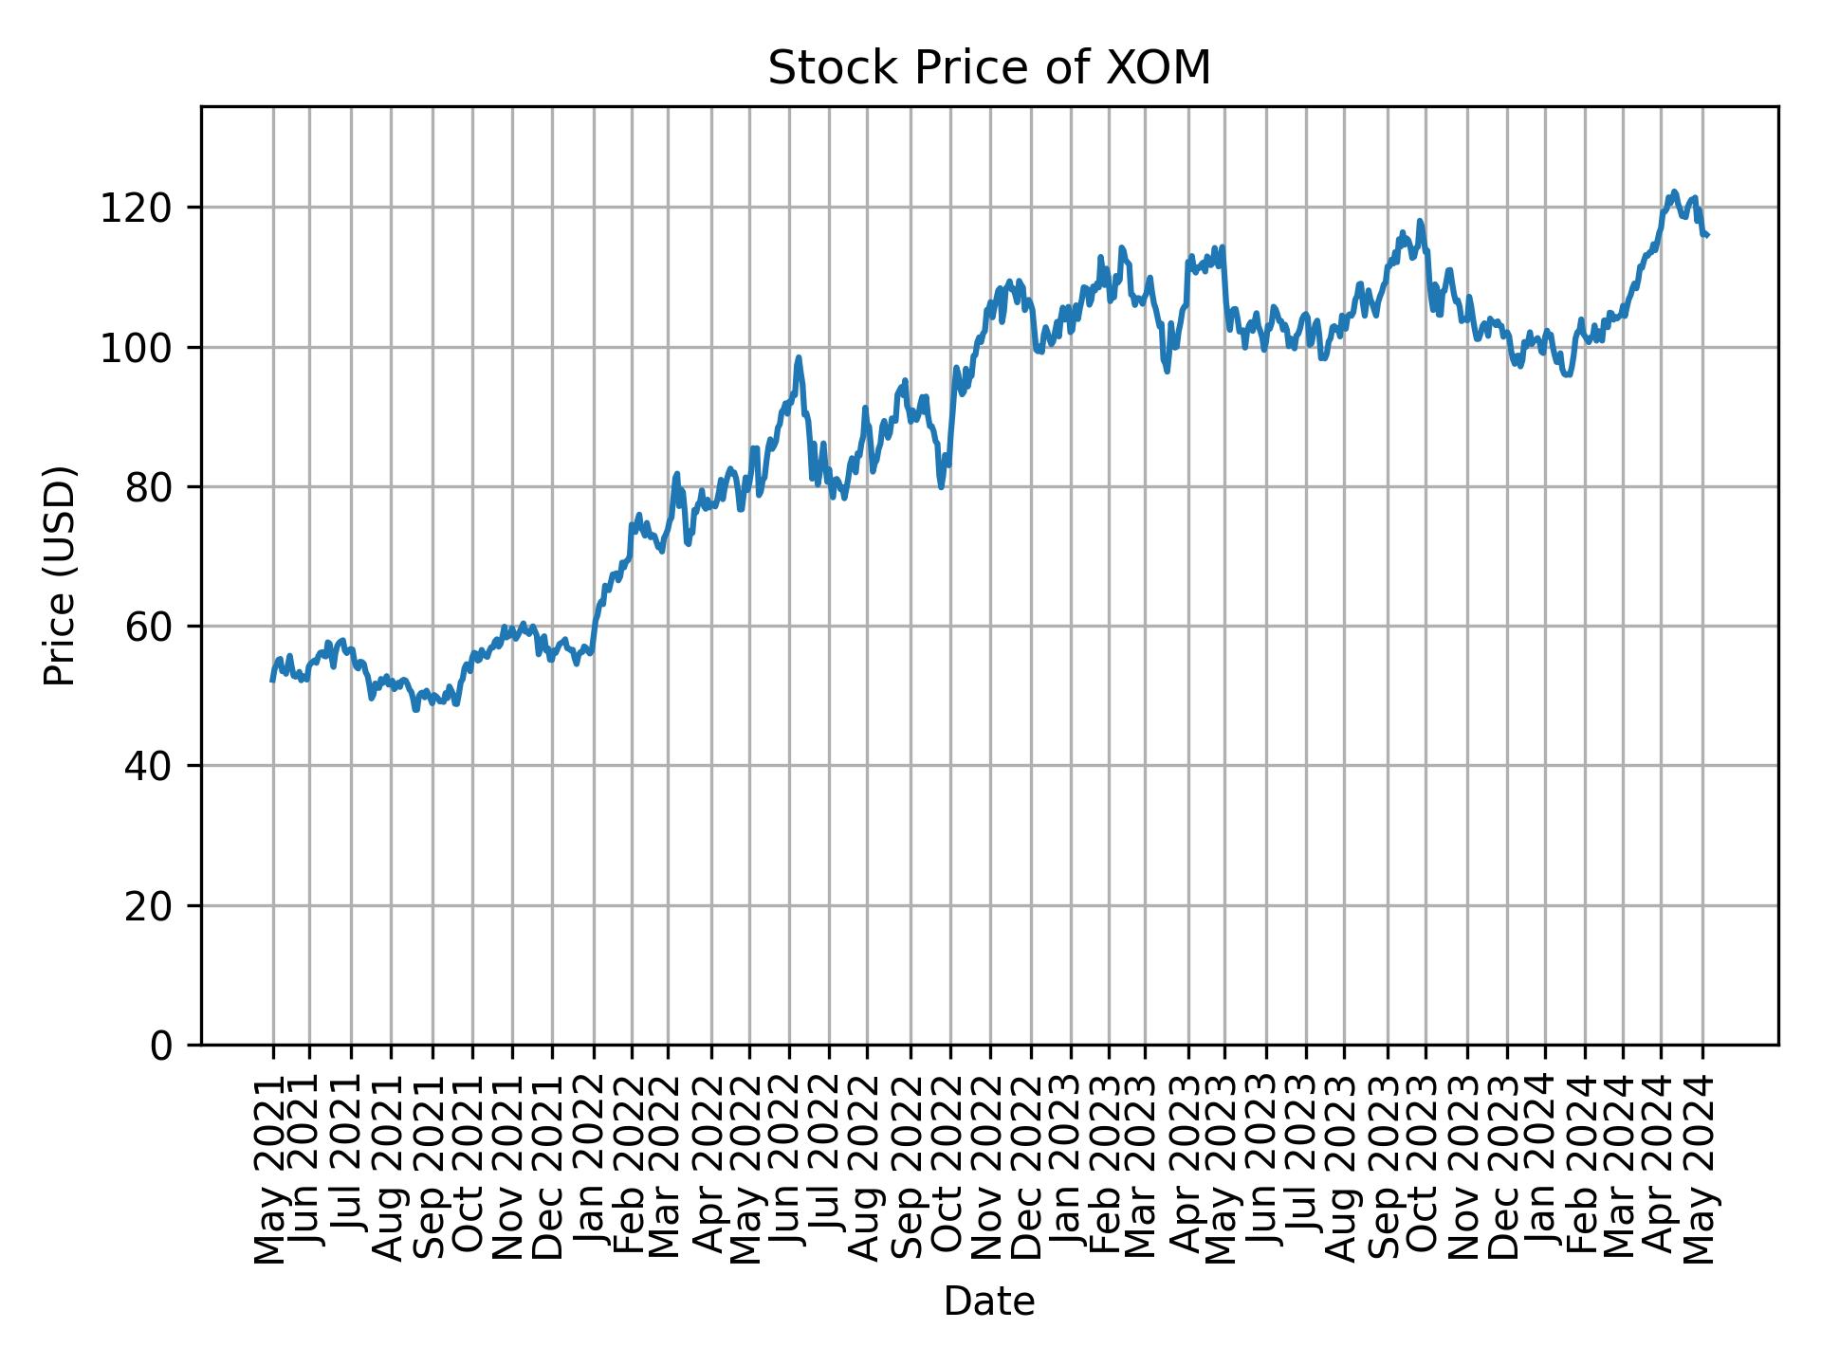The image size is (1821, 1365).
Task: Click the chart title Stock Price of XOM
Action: pos(988,68)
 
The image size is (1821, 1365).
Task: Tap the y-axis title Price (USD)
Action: pos(59,575)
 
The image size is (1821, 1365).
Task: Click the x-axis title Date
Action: pos(988,1301)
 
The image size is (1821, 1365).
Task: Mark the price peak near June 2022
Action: pos(799,358)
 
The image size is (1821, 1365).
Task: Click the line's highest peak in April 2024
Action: pos(1674,191)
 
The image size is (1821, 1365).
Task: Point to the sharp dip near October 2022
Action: pos(941,487)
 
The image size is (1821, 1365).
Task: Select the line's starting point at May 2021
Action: pos(272,680)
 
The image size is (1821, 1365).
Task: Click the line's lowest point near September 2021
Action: pos(415,709)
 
